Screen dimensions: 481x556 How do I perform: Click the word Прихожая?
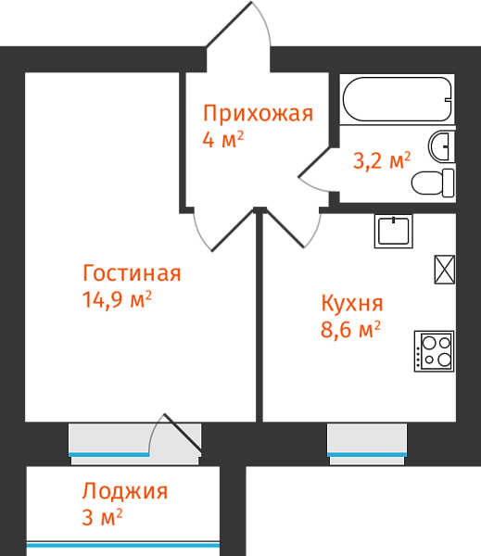pyautogui.click(x=258, y=113)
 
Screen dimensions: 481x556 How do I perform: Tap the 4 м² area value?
pyautogui.click(x=223, y=139)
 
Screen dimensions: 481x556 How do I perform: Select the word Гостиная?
pyautogui.click(x=132, y=273)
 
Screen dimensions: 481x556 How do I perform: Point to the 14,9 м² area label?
pyautogui.click(x=117, y=299)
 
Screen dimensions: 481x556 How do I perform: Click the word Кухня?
pyautogui.click(x=352, y=303)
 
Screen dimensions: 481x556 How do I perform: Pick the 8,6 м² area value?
pyautogui.click(x=351, y=329)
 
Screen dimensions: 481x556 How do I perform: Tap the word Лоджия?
pyautogui.click(x=125, y=491)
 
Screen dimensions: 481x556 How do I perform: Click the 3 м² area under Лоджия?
pyautogui.click(x=102, y=517)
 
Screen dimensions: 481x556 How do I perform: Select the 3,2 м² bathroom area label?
pyautogui.click(x=382, y=160)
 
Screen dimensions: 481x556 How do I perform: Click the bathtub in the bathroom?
pyautogui.click(x=398, y=99)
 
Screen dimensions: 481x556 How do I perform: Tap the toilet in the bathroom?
pyautogui.click(x=433, y=183)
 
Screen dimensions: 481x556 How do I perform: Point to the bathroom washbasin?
pyautogui.click(x=442, y=146)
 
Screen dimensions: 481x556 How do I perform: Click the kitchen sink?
pyautogui.click(x=394, y=231)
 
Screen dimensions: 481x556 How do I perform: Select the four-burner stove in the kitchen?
pyautogui.click(x=434, y=351)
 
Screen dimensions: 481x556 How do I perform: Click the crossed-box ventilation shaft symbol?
pyautogui.click(x=445, y=270)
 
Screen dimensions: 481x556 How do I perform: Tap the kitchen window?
pyautogui.click(x=367, y=444)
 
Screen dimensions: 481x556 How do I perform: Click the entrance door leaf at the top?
pyautogui.click(x=229, y=24)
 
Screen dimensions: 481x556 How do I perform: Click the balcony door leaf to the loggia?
pyautogui.click(x=183, y=435)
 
